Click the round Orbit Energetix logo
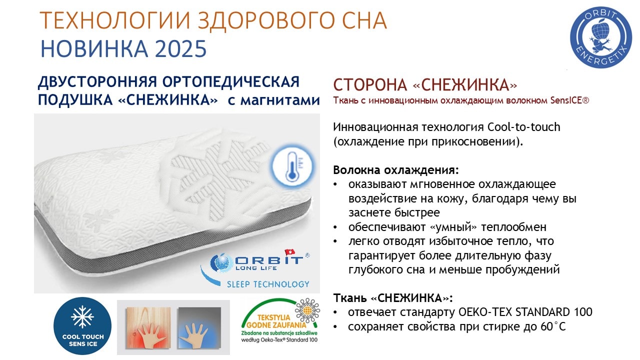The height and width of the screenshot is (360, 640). tap(601, 37)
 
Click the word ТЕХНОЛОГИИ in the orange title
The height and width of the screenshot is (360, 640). tap(115, 20)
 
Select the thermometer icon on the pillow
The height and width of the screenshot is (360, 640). tap(292, 167)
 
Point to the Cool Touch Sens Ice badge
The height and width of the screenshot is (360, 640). tap(82, 326)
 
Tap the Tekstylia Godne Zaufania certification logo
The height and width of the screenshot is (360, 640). tap(280, 320)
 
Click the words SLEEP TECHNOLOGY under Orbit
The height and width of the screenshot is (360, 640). tap(268, 284)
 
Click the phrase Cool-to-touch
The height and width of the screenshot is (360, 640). tap(523, 127)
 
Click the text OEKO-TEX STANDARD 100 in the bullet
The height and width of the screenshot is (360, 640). tap(525, 311)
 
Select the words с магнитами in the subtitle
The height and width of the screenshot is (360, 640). tap(273, 100)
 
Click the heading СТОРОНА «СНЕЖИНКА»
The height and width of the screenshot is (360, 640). tap(425, 84)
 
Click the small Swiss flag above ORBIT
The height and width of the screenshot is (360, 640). tap(289, 252)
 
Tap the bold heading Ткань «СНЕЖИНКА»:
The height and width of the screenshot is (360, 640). tap(393, 297)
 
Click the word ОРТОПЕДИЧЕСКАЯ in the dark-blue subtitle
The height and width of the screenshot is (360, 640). tap(231, 81)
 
